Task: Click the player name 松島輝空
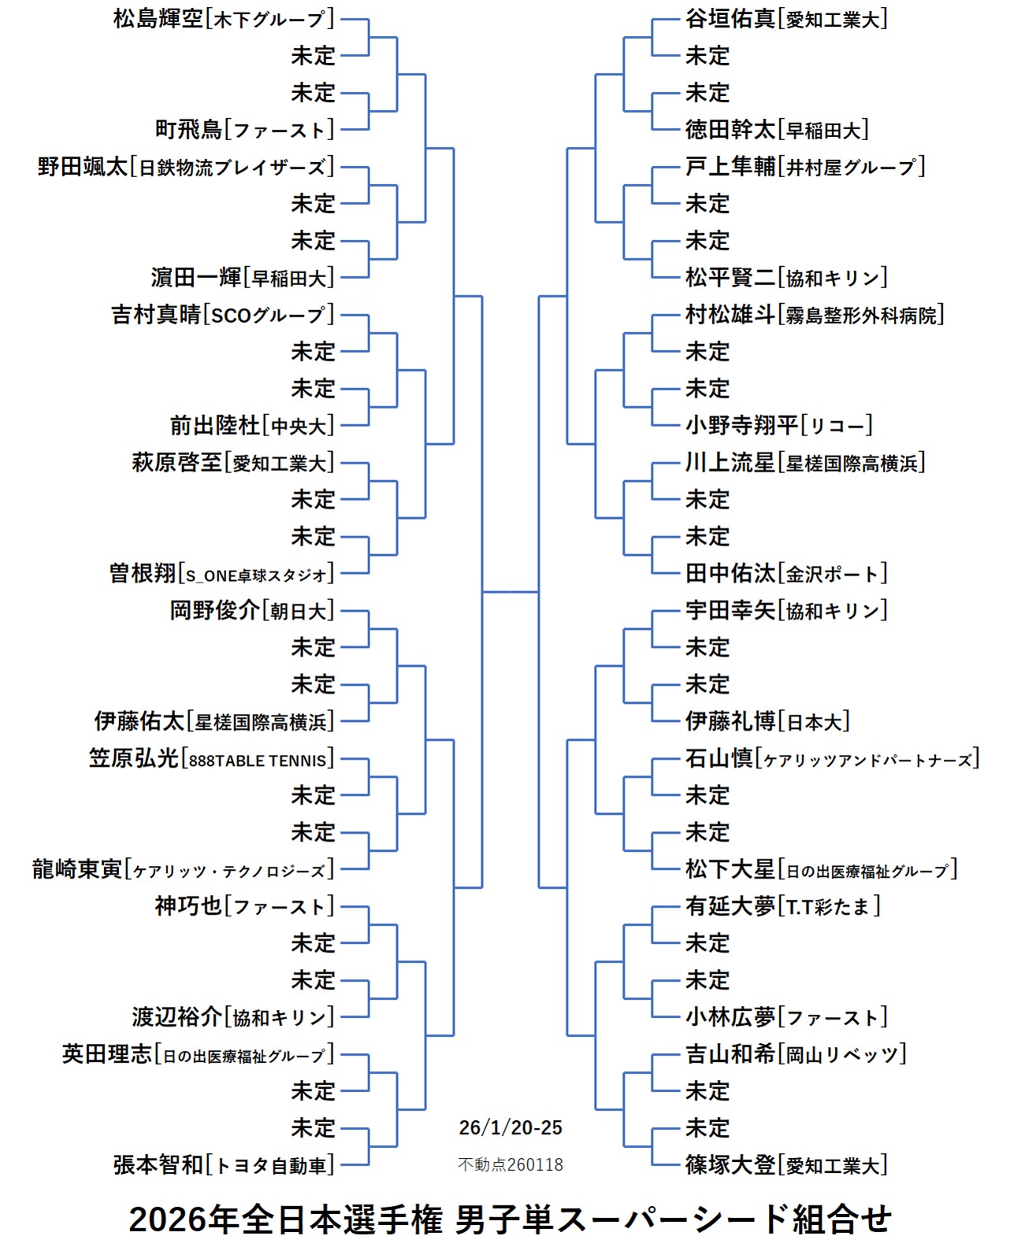coord(158,18)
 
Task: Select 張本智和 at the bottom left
coord(158,1164)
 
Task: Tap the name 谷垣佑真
coord(730,18)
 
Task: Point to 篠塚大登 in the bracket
coord(730,1164)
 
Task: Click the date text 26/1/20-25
coord(510,1127)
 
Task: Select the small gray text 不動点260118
coord(510,1164)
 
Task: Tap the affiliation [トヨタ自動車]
coord(271,1165)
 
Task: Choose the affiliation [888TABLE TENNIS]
coord(258,760)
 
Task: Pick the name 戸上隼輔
coord(730,166)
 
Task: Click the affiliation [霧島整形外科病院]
coord(861,315)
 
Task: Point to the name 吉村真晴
coord(157,314)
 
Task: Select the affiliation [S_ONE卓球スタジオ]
coord(257,575)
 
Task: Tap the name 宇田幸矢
coord(730,610)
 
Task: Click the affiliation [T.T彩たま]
coord(829,907)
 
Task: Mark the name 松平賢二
coord(730,277)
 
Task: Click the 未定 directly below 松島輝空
coord(314,55)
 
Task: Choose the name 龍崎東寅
coord(77,869)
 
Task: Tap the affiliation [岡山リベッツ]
coord(842,1055)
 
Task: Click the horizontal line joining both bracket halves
coord(510,591)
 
